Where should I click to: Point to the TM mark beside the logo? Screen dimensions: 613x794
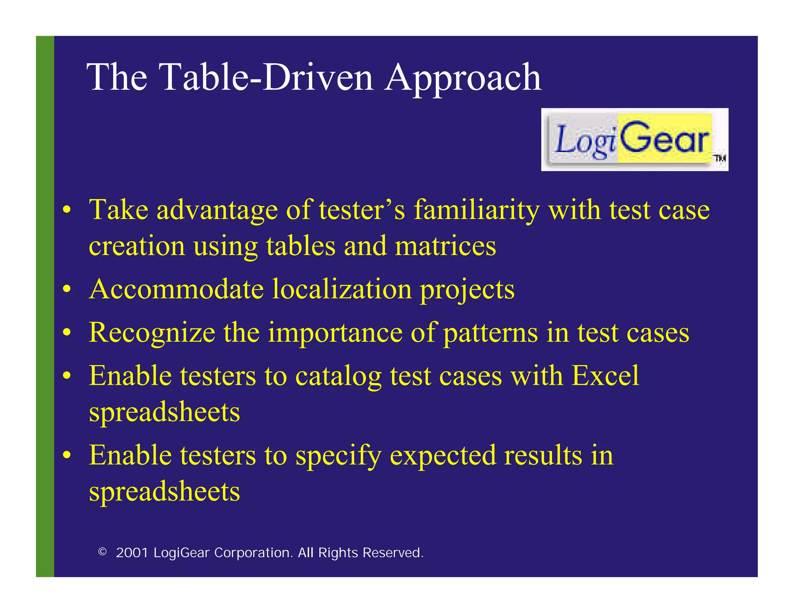(720, 158)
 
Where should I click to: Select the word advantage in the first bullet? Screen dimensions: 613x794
(217, 210)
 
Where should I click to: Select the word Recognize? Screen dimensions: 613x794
(152, 333)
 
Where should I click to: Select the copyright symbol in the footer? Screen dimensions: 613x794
(102, 552)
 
